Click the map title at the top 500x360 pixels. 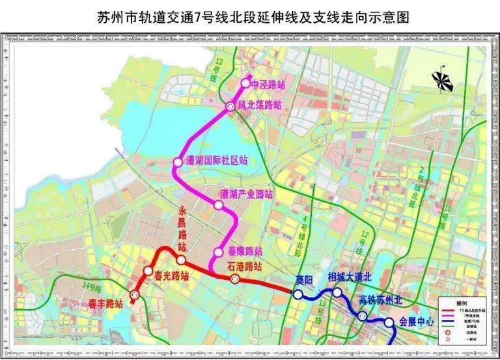point(249,15)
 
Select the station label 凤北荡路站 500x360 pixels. point(259,105)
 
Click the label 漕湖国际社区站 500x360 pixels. point(216,161)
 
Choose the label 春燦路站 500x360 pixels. point(245,251)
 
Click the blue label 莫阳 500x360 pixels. point(305,281)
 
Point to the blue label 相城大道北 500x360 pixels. point(349,277)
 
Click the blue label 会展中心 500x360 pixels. point(417,322)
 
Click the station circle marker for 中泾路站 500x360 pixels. point(246,83)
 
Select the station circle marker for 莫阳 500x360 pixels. point(298,295)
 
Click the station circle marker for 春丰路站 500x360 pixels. point(135,295)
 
